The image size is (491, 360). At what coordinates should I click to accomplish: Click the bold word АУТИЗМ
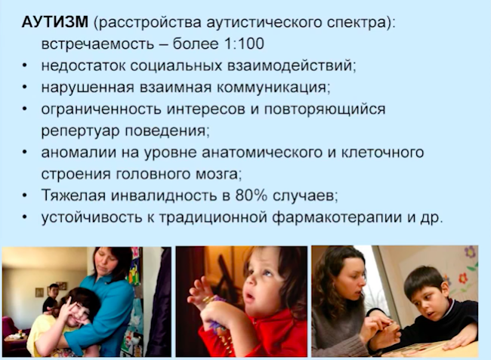click(x=55, y=22)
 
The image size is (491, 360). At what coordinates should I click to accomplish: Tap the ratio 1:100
click(x=244, y=44)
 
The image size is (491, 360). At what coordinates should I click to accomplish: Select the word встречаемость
click(x=97, y=44)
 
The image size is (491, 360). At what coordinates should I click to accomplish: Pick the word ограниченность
click(x=100, y=109)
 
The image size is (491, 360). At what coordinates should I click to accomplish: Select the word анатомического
click(x=262, y=152)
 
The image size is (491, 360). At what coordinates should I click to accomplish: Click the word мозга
click(x=218, y=174)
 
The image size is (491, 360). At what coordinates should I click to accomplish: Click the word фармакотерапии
click(x=337, y=217)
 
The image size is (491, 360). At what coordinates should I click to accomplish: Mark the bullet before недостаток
click(x=25, y=66)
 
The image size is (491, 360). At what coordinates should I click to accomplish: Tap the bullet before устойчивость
click(x=25, y=217)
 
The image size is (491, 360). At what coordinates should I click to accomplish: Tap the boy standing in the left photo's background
click(x=51, y=298)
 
